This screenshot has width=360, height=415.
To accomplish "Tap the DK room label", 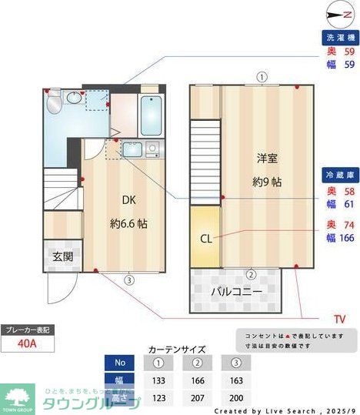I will coord(128,200).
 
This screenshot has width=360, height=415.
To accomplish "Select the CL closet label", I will coord(205,238).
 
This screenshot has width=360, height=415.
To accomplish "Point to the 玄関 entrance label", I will coord(62,257).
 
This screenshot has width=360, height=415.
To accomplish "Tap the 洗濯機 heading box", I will coord(338,37).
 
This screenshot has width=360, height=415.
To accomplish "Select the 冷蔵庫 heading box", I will coord(338,176).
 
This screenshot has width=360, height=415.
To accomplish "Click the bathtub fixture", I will coord(150,115).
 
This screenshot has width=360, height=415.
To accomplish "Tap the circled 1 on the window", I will coord(262,77).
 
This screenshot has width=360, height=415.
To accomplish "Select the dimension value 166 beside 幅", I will coord(346,237).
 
